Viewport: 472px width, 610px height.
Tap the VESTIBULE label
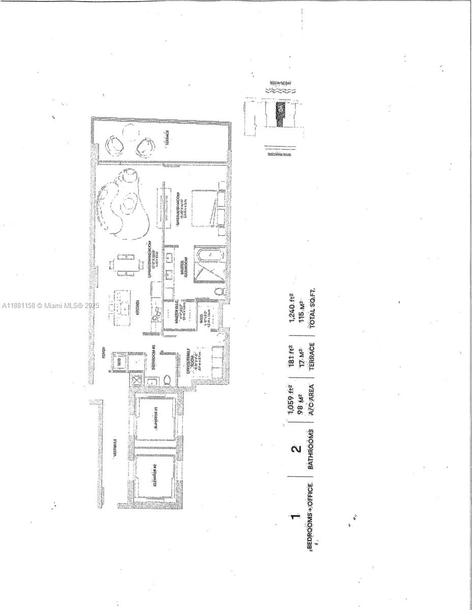115,447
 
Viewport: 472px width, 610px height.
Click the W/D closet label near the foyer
120,361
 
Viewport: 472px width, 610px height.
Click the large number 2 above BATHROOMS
296,448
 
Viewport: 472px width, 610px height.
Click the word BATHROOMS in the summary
311,448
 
